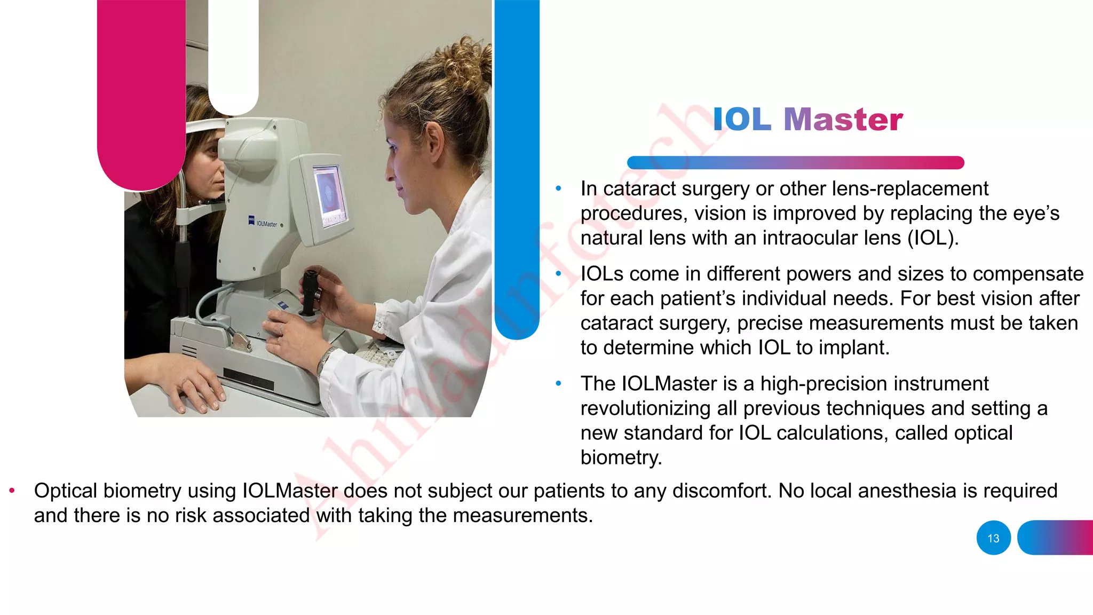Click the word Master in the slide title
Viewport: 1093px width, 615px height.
tap(843, 120)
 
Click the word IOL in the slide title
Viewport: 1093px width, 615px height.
tap(742, 120)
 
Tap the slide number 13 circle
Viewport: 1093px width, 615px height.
tap(993, 538)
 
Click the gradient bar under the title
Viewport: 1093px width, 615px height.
tap(795, 162)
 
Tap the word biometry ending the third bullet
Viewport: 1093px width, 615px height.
tap(620, 458)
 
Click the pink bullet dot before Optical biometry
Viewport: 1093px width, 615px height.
tap(12, 491)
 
